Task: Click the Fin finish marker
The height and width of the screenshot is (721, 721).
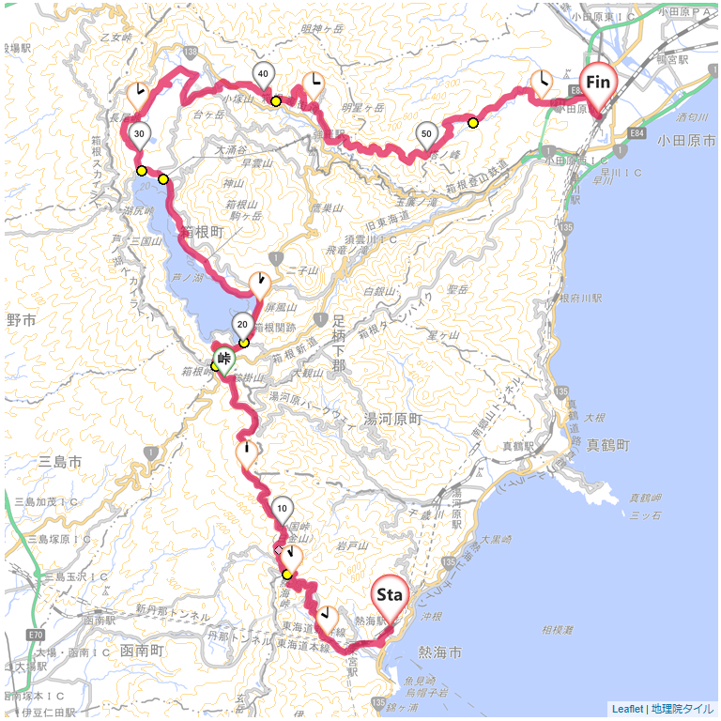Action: (x=599, y=83)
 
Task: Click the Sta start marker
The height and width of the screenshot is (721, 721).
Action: (x=390, y=595)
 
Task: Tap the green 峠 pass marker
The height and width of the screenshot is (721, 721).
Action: (x=224, y=358)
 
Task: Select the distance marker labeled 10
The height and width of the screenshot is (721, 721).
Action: (x=282, y=510)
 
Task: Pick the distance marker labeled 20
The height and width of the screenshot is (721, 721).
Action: (x=242, y=326)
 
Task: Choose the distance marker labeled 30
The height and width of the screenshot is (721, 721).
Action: (x=139, y=134)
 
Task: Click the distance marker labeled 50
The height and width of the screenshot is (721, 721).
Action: (x=426, y=134)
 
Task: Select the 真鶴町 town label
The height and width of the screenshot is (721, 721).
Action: (x=606, y=445)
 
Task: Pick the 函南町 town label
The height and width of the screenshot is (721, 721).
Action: (x=143, y=650)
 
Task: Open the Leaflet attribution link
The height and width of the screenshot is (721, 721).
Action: (x=627, y=709)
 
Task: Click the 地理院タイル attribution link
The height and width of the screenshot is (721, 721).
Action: (x=683, y=709)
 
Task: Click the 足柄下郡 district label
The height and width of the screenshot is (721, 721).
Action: (x=341, y=342)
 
